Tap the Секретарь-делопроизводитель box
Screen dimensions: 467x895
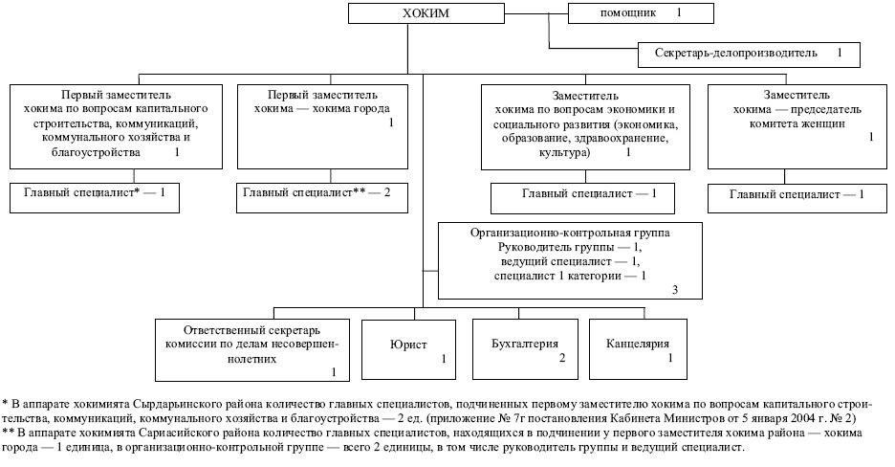(x=749, y=54)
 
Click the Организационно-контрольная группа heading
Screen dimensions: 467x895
(x=570, y=233)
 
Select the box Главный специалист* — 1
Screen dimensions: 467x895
(x=94, y=192)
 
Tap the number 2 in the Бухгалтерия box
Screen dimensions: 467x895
(x=562, y=358)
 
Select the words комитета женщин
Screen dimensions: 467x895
(x=785, y=123)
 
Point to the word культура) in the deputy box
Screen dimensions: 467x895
(x=564, y=151)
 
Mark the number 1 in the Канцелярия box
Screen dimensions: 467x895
(x=670, y=358)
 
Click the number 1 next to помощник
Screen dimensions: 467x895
(x=679, y=13)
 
